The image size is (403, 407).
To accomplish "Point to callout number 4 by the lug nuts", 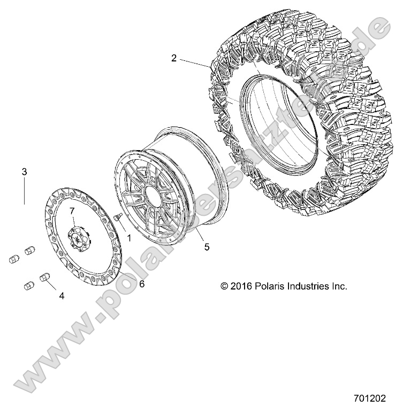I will click(61, 294).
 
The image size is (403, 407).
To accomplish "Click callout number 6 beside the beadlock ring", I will click(141, 284).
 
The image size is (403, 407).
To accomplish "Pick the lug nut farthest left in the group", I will click(14, 259).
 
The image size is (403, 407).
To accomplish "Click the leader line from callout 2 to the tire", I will click(195, 62).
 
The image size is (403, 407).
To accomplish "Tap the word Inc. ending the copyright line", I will click(339, 286).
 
